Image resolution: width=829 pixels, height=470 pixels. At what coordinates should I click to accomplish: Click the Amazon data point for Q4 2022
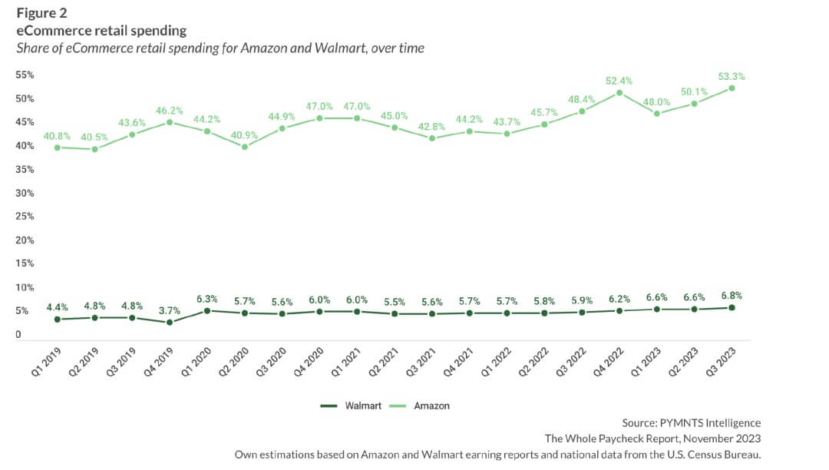coord(619,92)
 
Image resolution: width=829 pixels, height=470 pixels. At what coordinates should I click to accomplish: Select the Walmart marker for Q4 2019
coord(170,323)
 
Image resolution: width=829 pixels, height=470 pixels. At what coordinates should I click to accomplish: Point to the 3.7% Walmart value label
coord(170,310)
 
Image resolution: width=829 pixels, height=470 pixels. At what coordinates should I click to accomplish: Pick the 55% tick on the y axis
coord(25,74)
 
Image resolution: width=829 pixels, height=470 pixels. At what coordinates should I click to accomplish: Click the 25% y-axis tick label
coord(25,217)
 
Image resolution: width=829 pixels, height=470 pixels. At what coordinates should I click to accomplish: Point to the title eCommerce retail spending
coord(101,31)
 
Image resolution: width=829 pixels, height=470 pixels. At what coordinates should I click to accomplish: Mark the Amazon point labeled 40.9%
coord(244,146)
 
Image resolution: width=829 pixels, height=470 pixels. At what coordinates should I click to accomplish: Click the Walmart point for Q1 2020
coord(207,311)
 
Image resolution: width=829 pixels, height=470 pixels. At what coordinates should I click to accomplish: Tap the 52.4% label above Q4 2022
coord(619,81)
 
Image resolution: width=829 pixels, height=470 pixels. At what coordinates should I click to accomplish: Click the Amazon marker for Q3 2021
coord(432,138)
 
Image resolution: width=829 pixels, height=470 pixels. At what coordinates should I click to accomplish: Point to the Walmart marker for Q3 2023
coord(732,307)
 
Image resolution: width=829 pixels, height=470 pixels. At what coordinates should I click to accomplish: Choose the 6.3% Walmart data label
coord(207,299)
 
